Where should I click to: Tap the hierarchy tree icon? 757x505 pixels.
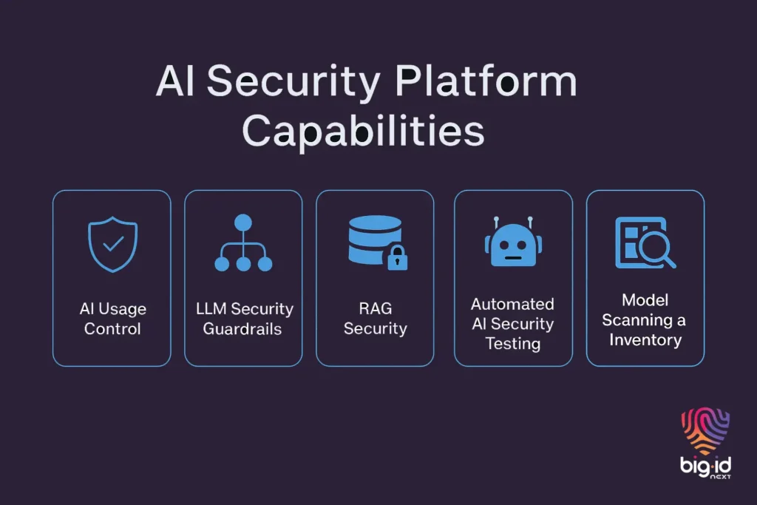(243, 243)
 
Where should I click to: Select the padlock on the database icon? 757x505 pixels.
(398, 258)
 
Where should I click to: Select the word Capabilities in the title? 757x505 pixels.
(363, 133)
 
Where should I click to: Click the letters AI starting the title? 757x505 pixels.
(176, 84)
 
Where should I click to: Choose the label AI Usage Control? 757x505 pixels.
(112, 319)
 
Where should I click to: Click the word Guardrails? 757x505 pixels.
(242, 329)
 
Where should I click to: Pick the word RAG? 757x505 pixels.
(375, 308)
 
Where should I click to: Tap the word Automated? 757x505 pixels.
(512, 304)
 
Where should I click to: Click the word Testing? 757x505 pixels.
(512, 344)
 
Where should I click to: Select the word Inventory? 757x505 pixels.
(645, 340)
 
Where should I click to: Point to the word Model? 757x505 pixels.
(645, 300)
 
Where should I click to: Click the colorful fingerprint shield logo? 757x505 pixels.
(705, 433)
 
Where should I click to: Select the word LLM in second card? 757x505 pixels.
(211, 309)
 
